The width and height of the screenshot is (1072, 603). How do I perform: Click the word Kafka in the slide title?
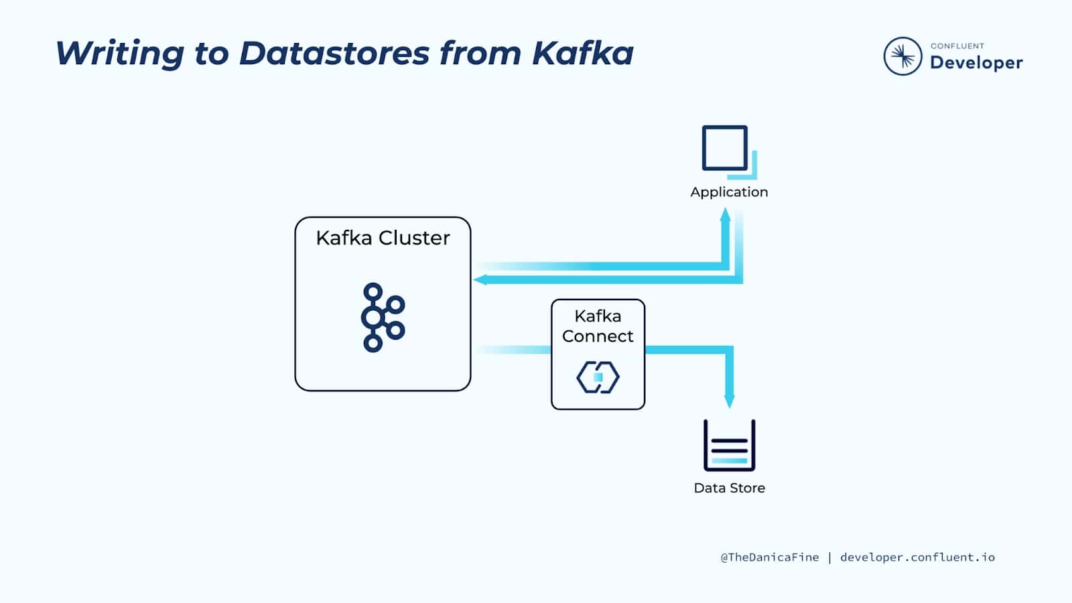pyautogui.click(x=583, y=53)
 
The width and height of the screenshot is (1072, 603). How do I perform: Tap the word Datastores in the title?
pyautogui.click(x=334, y=53)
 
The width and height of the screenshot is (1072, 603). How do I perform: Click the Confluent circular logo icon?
pyautogui.click(x=902, y=56)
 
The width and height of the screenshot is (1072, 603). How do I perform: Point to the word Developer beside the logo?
pyautogui.click(x=976, y=63)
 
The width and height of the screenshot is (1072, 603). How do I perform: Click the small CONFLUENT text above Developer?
pyautogui.click(x=957, y=46)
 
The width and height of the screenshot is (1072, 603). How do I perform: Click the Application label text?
pyautogui.click(x=729, y=192)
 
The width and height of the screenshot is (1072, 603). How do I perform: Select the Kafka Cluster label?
pyautogui.click(x=383, y=238)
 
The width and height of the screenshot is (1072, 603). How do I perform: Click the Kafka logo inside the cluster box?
pyautogui.click(x=383, y=318)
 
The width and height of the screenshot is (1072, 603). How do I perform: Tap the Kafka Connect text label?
pyautogui.click(x=598, y=326)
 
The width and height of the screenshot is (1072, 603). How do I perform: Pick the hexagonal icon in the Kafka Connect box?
pyautogui.click(x=598, y=377)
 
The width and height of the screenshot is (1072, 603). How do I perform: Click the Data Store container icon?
pyautogui.click(x=730, y=445)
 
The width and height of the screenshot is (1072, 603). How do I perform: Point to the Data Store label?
pyautogui.click(x=730, y=488)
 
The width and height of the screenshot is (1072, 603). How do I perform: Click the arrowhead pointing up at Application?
pyautogui.click(x=726, y=214)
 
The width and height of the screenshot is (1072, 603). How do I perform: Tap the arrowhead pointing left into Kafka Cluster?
pyautogui.click(x=480, y=279)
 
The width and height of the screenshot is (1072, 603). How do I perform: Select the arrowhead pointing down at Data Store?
pyautogui.click(x=730, y=401)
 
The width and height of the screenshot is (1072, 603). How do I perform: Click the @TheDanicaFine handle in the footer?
pyautogui.click(x=770, y=557)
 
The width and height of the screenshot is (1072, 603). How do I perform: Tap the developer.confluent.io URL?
pyautogui.click(x=917, y=557)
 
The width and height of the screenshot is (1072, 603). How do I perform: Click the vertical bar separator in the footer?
pyautogui.click(x=830, y=557)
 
